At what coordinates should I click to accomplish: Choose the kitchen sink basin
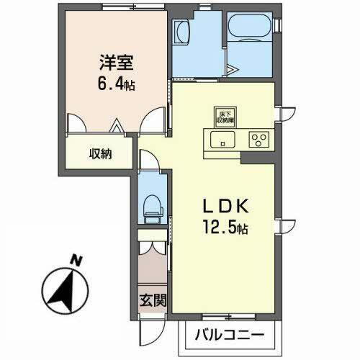(220, 140)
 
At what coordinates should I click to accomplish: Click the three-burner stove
(257, 140)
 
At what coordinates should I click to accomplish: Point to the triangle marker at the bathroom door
(233, 70)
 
